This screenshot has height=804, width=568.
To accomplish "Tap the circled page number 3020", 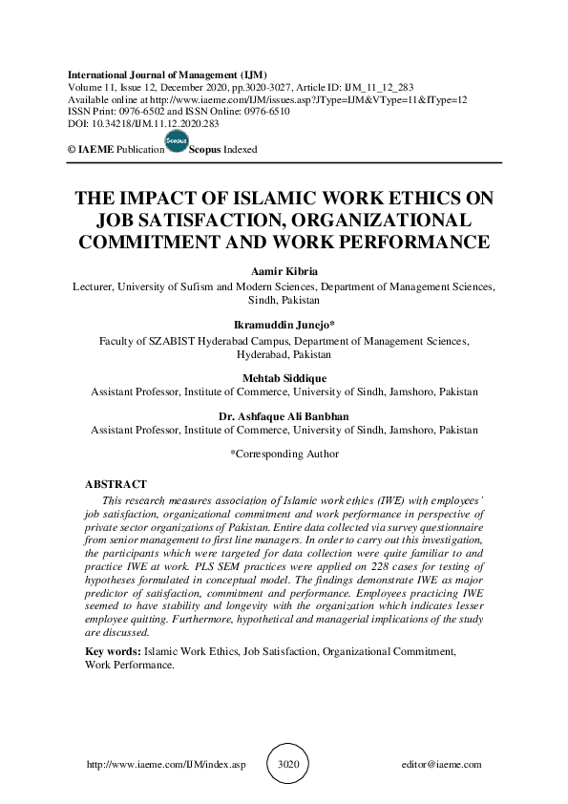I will click(x=287, y=765).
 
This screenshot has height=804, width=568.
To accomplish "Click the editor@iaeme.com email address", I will click(x=442, y=765).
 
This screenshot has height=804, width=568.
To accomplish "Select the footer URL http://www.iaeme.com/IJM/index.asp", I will click(x=166, y=765).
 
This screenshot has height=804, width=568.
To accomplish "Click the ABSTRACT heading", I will click(x=116, y=484).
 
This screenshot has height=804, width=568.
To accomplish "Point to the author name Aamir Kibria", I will click(x=284, y=272).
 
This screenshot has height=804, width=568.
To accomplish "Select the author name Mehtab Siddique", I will click(x=284, y=378).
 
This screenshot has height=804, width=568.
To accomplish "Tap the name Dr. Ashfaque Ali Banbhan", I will click(x=284, y=417).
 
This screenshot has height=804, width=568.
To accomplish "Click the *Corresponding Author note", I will click(x=284, y=454).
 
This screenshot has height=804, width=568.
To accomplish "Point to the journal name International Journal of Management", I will click(x=167, y=74).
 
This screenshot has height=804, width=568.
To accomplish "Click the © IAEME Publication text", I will click(x=111, y=150).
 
